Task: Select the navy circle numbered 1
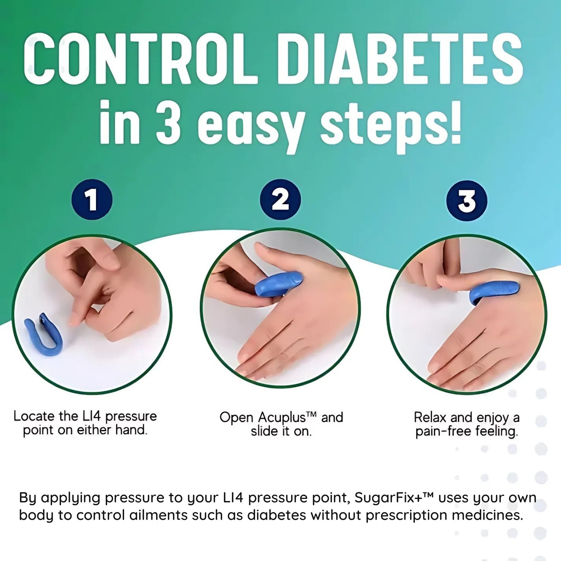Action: click(x=92, y=200)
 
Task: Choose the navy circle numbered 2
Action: click(x=280, y=200)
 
